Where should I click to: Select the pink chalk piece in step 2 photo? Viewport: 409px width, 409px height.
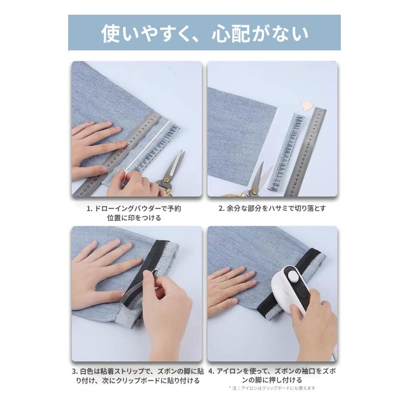(308, 106)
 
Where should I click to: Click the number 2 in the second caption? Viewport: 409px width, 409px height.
(221, 209)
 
